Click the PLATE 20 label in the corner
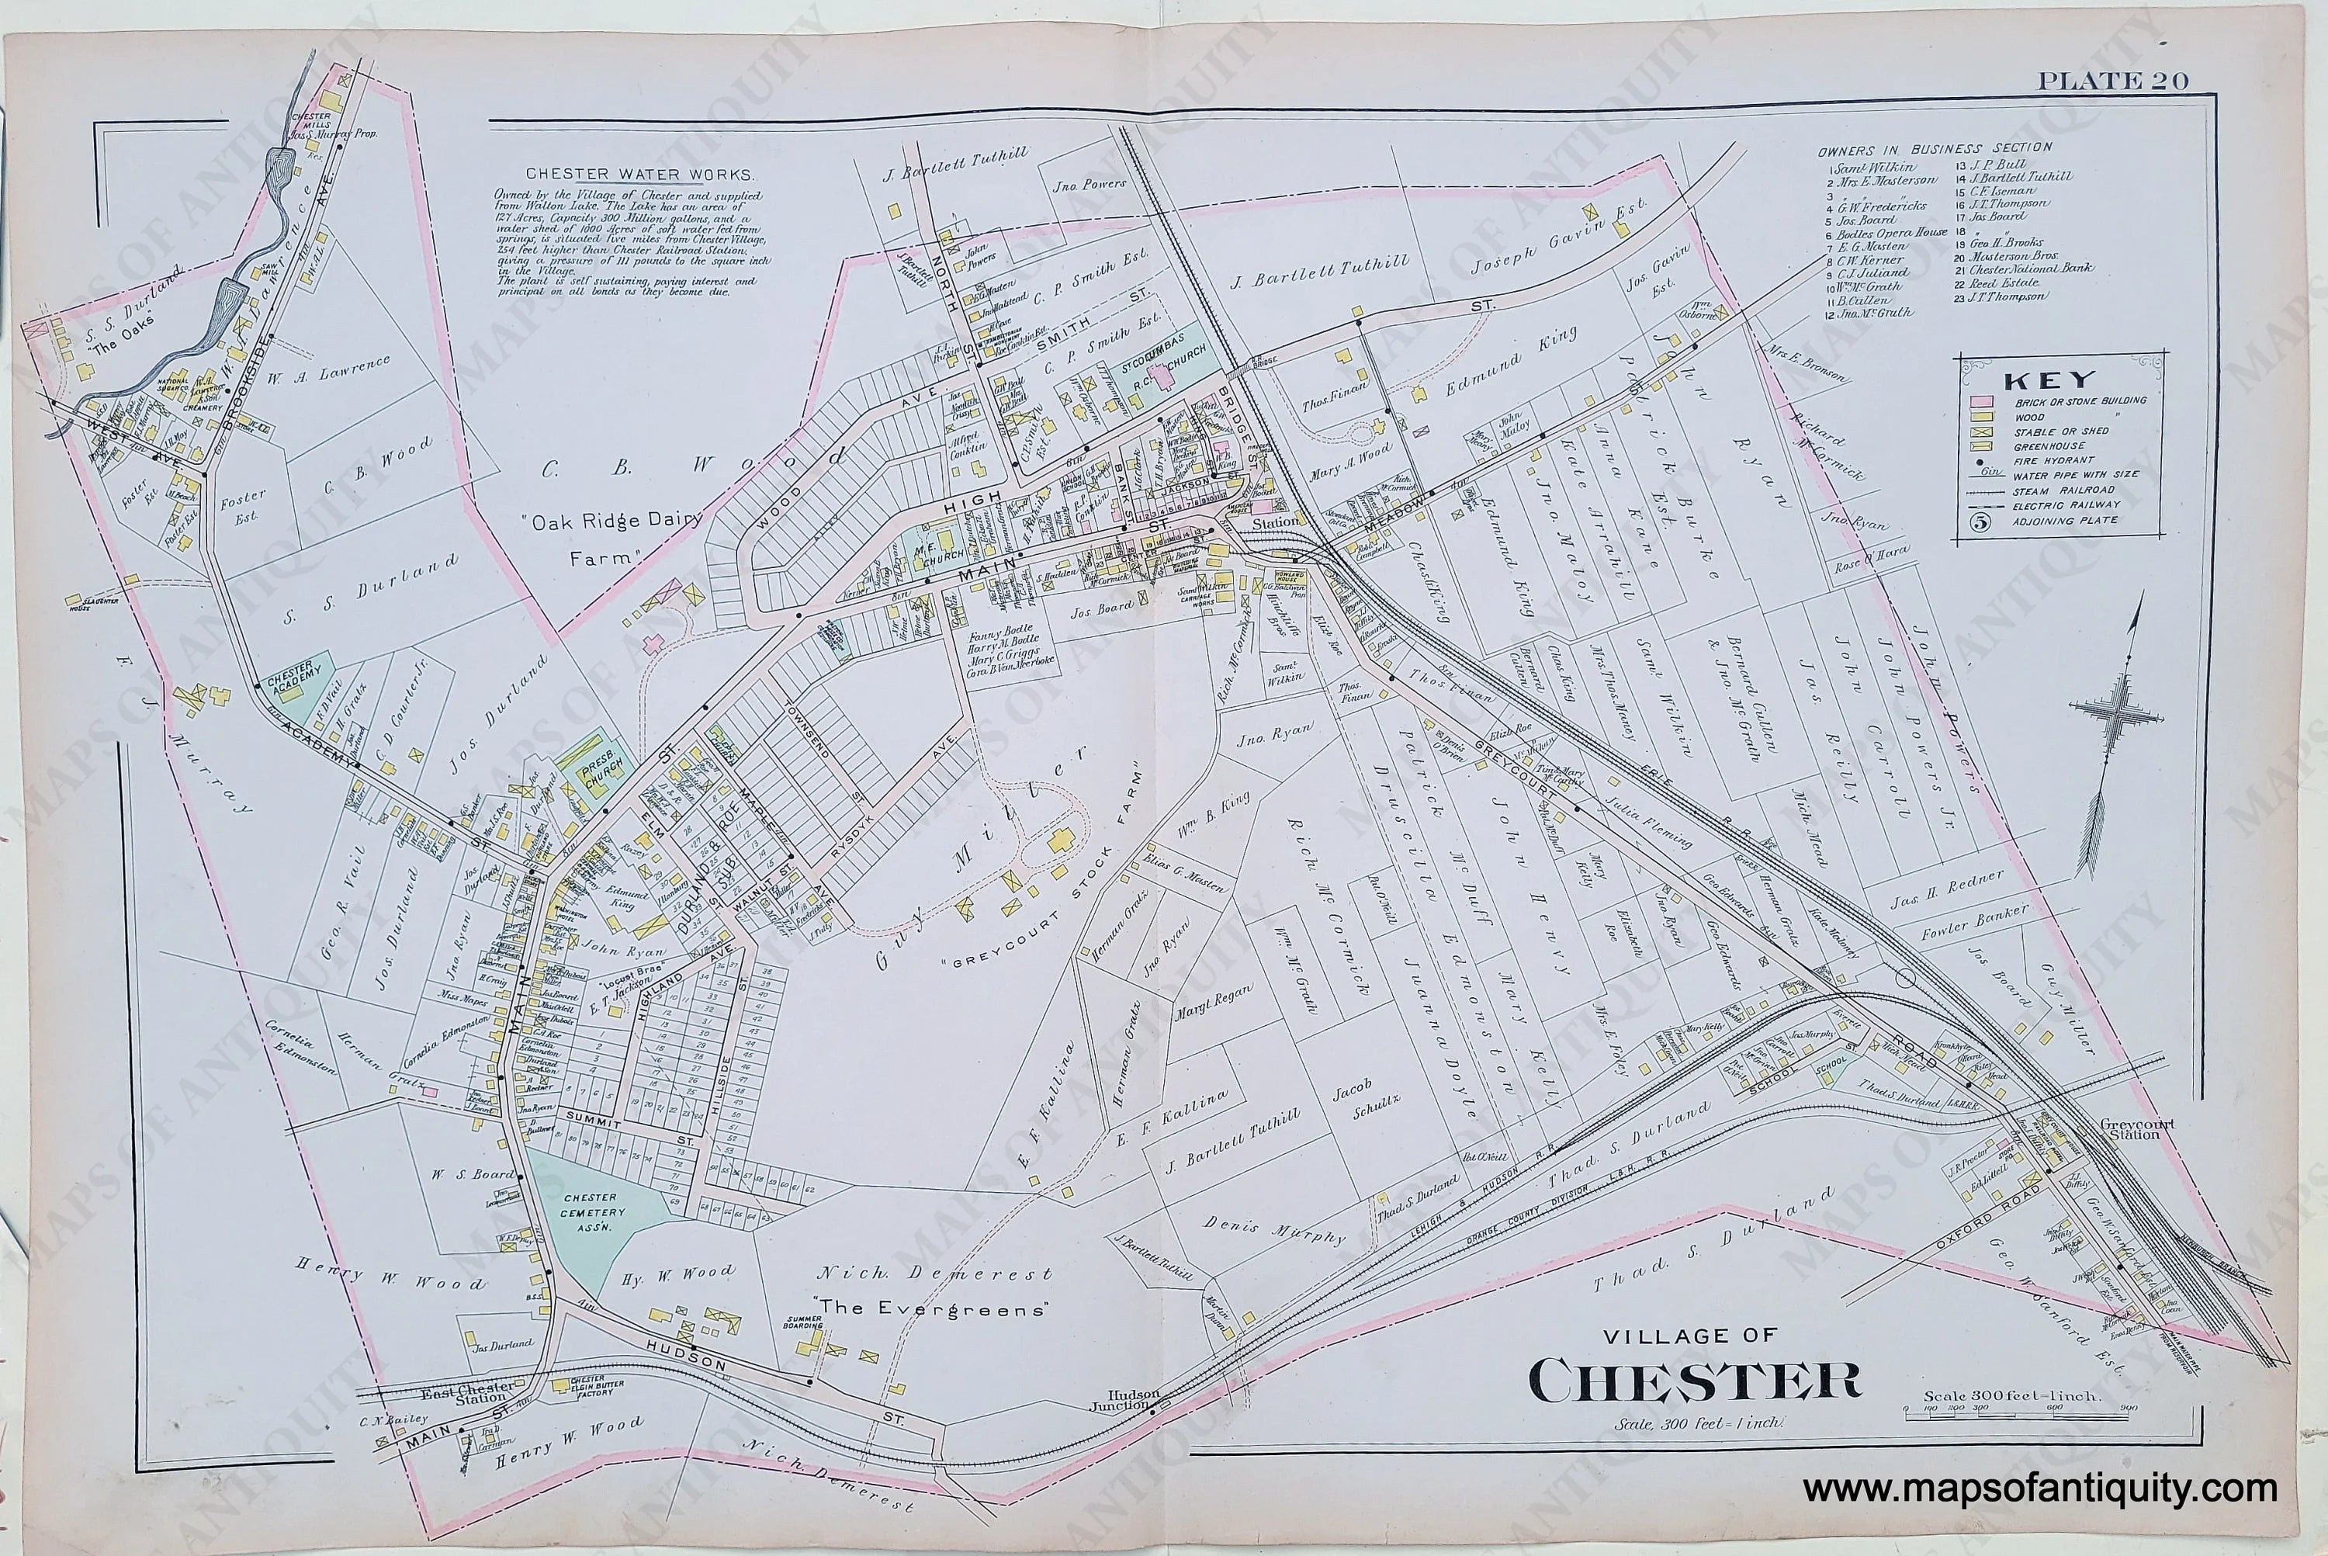pos(2111,81)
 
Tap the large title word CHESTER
pos(1695,1381)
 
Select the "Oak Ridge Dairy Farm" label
pos(610,537)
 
